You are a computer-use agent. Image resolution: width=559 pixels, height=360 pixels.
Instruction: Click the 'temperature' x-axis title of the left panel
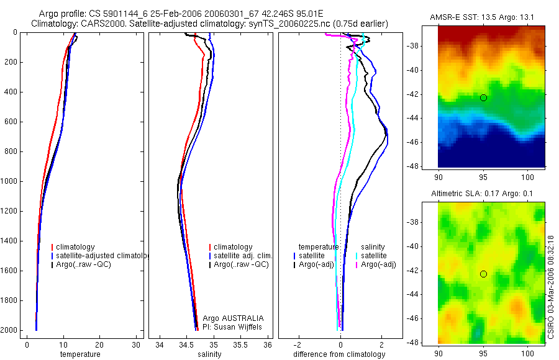click(80, 354)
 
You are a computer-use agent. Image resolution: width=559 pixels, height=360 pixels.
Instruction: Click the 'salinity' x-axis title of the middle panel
click(209, 354)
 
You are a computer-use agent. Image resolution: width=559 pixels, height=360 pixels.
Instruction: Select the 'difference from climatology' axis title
click(339, 354)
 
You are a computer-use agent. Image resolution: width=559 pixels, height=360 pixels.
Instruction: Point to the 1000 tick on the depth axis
click(10, 181)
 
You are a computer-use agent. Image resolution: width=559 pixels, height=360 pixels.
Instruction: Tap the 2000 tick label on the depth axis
click(10, 330)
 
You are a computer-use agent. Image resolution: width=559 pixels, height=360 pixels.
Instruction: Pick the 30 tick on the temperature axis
click(136, 344)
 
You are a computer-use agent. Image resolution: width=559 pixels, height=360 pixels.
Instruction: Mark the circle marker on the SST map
click(483, 97)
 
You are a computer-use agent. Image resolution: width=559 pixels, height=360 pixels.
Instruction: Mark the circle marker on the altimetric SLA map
click(483, 274)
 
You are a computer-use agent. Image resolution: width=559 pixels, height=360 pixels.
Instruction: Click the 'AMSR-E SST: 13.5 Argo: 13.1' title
click(481, 17)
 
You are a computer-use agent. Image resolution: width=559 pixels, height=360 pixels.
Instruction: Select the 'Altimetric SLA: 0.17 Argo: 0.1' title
click(482, 194)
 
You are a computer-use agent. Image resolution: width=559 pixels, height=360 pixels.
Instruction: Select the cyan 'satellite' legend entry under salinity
click(375, 256)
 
